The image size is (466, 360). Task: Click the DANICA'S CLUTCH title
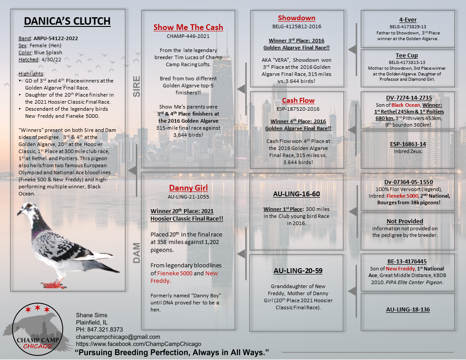pos(67,21)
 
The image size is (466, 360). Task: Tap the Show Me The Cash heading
pos(188,27)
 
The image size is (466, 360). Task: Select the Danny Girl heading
pos(188,188)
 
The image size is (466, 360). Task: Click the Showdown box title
pos(297,18)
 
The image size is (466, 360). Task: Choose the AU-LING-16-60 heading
pos(296,194)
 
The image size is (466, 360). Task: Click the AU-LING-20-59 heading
pos(296,270)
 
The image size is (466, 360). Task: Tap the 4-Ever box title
pos(408,20)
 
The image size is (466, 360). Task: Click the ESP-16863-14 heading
pos(408,144)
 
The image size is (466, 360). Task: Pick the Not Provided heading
pos(405,221)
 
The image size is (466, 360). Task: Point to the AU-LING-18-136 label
pos(408,310)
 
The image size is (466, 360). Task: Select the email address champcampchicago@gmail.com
pos(118,337)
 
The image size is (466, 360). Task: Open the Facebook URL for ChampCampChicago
pos(139,344)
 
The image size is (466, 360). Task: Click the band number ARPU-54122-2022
pos(56,38)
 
